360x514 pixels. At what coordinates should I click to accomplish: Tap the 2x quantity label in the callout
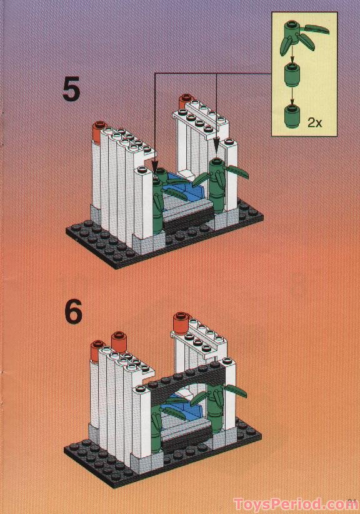point(314,122)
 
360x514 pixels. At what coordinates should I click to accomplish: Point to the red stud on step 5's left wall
point(97,131)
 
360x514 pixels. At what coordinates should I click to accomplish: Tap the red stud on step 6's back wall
point(181,324)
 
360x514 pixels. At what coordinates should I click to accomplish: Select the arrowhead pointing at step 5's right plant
point(217,150)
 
